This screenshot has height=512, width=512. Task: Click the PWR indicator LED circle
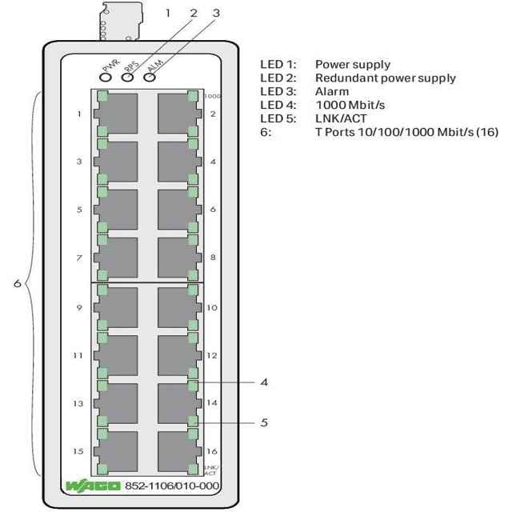pyautogui.click(x=106, y=78)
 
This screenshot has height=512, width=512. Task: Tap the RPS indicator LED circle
pyautogui.click(x=127, y=78)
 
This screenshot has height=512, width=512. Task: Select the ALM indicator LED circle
pyautogui.click(x=150, y=78)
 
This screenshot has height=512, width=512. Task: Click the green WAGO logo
pyautogui.click(x=93, y=486)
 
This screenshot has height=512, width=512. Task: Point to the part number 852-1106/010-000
pyautogui.click(x=172, y=486)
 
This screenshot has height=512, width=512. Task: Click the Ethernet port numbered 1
pyautogui.click(x=116, y=114)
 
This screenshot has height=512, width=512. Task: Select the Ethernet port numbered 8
pyautogui.click(x=179, y=258)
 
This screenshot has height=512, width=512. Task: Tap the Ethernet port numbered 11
pyautogui.click(x=116, y=355)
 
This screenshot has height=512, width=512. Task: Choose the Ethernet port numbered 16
pyautogui.click(x=179, y=451)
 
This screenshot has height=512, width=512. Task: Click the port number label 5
pyautogui.click(x=79, y=210)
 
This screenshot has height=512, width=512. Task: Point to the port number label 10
pyautogui.click(x=212, y=307)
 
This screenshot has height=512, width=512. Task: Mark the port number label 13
pyautogui.click(x=78, y=403)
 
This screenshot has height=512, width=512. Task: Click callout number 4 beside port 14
pyautogui.click(x=264, y=382)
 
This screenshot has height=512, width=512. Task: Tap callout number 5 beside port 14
pyautogui.click(x=264, y=422)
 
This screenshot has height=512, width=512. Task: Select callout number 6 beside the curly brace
pyautogui.click(x=18, y=283)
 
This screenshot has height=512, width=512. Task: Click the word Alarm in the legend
pyautogui.click(x=332, y=91)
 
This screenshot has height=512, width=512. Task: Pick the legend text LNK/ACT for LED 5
pyautogui.click(x=341, y=118)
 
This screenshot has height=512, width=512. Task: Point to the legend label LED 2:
pyautogui.click(x=278, y=78)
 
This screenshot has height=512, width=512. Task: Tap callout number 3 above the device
pyautogui.click(x=216, y=13)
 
